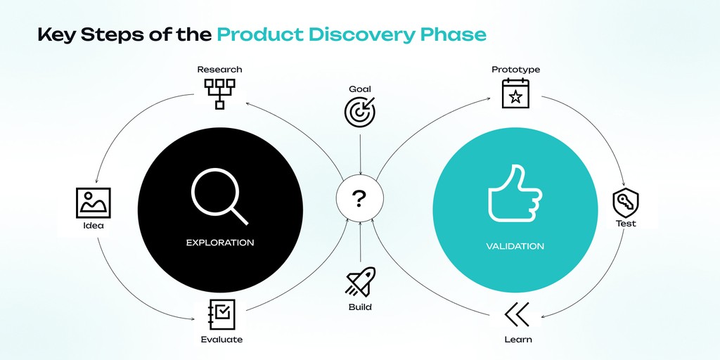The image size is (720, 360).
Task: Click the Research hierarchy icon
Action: pos(219,93)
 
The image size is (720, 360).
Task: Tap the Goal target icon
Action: pos(360,111)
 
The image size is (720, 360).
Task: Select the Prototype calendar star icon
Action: pos(515,94)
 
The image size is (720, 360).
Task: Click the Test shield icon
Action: pos(625,203)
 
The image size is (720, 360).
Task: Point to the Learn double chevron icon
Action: pos(517,314)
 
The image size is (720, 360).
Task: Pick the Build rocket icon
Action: pos(360,282)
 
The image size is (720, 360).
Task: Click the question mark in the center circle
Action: pos(359,200)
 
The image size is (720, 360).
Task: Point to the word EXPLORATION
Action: pos(219,243)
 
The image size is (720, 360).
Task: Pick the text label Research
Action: pos(219,69)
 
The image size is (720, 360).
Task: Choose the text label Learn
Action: pos(517,340)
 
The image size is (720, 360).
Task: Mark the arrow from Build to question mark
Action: pos(360,243)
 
